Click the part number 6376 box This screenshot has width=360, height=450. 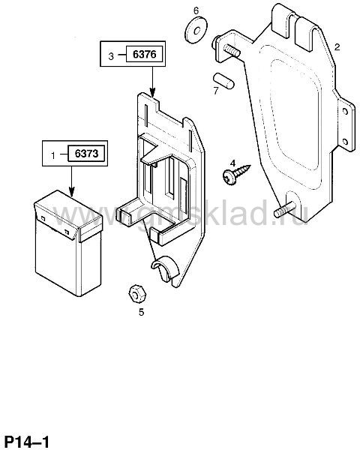point(145,54)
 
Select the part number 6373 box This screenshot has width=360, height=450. point(86,154)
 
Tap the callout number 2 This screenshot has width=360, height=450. point(337,46)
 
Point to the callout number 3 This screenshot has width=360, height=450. point(111,56)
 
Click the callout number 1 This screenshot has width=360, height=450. point(53,155)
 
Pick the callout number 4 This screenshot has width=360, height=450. point(232,163)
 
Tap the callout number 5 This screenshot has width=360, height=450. point(141,312)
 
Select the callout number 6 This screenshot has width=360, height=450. point(196,11)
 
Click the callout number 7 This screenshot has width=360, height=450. point(215,91)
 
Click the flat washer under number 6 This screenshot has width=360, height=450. point(196,30)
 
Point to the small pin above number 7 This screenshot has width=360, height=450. point(223,81)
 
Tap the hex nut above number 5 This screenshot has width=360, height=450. point(137,293)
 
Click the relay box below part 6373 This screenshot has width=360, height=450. point(68,243)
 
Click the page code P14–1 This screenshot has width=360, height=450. point(28,440)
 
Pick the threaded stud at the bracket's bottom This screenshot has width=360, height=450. point(285,209)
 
